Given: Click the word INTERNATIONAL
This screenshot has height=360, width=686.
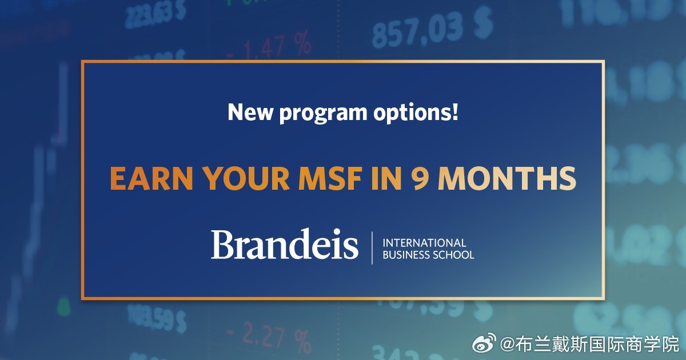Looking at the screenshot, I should point(424,243).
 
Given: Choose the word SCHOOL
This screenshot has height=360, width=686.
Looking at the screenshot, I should point(456,255).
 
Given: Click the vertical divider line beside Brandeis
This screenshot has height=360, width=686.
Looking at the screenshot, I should point(372,248).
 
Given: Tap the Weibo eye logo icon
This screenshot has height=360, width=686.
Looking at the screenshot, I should point(485,344).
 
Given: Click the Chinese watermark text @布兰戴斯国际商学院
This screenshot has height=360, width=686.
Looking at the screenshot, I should point(589,344).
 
